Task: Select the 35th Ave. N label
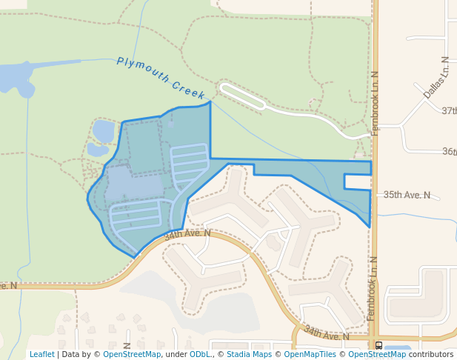pos(407,195)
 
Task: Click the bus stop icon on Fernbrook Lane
pos(379,345)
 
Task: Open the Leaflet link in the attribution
pos(41,354)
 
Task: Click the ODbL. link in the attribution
pos(200,354)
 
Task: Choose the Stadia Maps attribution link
pos(249,354)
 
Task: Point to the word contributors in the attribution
pos(431,354)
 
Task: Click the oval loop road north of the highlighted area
pos(242,96)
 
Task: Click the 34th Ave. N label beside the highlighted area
pos(187,234)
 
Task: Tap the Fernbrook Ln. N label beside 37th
pos(375,103)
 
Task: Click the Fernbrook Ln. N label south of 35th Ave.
pos(371,289)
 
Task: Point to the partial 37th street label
pos(449,110)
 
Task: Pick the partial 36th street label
pos(449,151)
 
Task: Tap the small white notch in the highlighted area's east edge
pos(357,181)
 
